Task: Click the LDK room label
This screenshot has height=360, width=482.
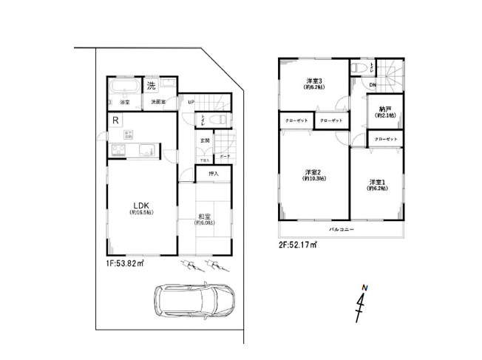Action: [142, 206]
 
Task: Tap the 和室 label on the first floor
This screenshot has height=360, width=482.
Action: [204, 217]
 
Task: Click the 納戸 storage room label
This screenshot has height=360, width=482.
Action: [385, 112]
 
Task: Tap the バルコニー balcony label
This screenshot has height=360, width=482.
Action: [341, 231]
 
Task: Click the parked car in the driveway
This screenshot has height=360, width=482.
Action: [194, 301]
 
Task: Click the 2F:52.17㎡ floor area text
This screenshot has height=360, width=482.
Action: [298, 245]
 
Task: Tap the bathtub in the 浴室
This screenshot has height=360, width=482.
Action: [120, 90]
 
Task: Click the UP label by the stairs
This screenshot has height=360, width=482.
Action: [191, 102]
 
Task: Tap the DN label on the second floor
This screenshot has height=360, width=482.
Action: [373, 86]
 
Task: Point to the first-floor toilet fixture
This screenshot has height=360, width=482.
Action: [219, 120]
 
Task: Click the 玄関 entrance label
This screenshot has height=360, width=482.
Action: [205, 140]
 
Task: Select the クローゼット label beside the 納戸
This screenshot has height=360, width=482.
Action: [386, 139]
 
